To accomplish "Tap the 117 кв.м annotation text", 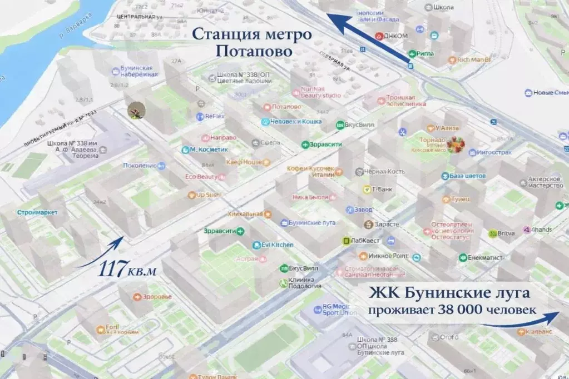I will coord(127,271).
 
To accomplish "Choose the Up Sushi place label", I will coord(209,195).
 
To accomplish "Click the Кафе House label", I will coord(244,162).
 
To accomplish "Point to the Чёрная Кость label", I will coord(384,172).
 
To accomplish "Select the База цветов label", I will coord(467,176).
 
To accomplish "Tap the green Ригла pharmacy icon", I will coord(413,54).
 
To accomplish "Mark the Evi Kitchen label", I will coord(278,245).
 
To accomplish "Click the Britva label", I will coord(504,234).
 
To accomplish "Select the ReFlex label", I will coord(214,117).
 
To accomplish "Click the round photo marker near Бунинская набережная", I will coord(136,110).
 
